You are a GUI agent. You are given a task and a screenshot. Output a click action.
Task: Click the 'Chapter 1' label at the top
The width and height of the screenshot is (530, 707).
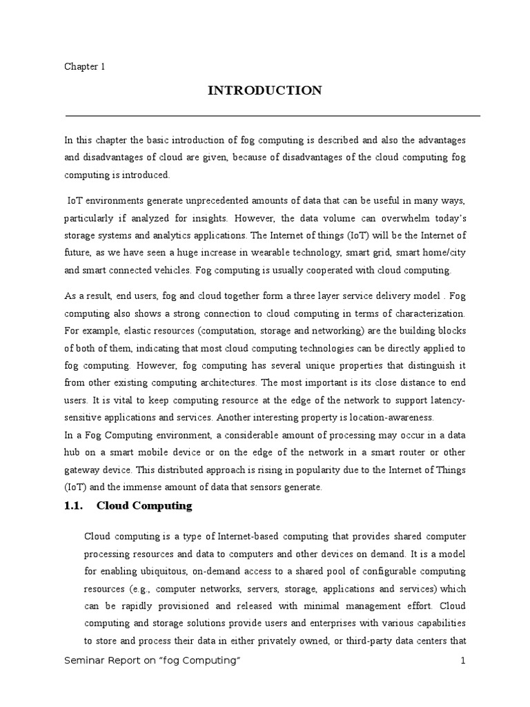tap(84, 66)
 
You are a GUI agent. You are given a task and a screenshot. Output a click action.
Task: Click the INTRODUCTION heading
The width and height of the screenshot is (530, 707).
tap(265, 90)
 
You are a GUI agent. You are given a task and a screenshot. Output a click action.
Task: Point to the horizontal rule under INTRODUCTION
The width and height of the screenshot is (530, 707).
tap(273, 115)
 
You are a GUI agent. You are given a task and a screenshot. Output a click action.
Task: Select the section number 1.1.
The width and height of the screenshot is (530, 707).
tap(73, 506)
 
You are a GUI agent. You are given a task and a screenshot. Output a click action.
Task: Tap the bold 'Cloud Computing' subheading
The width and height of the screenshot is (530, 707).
tap(144, 506)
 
